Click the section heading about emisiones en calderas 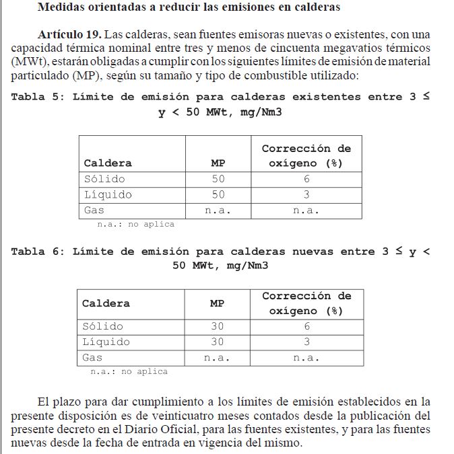(x=189, y=8)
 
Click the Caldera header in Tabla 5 (x=108, y=163)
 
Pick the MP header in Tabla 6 (x=217, y=303)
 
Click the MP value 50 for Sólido (x=218, y=179)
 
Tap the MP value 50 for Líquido (x=218, y=194)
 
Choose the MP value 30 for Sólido (x=217, y=326)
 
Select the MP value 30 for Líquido (x=217, y=342)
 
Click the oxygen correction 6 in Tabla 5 (x=306, y=179)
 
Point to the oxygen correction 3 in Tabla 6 (x=306, y=342)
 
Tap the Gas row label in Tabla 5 (x=94, y=211)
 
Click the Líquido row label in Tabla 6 (x=106, y=342)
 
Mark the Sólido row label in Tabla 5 (x=104, y=179)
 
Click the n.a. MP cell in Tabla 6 (x=217, y=358)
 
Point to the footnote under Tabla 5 (x=135, y=225)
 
